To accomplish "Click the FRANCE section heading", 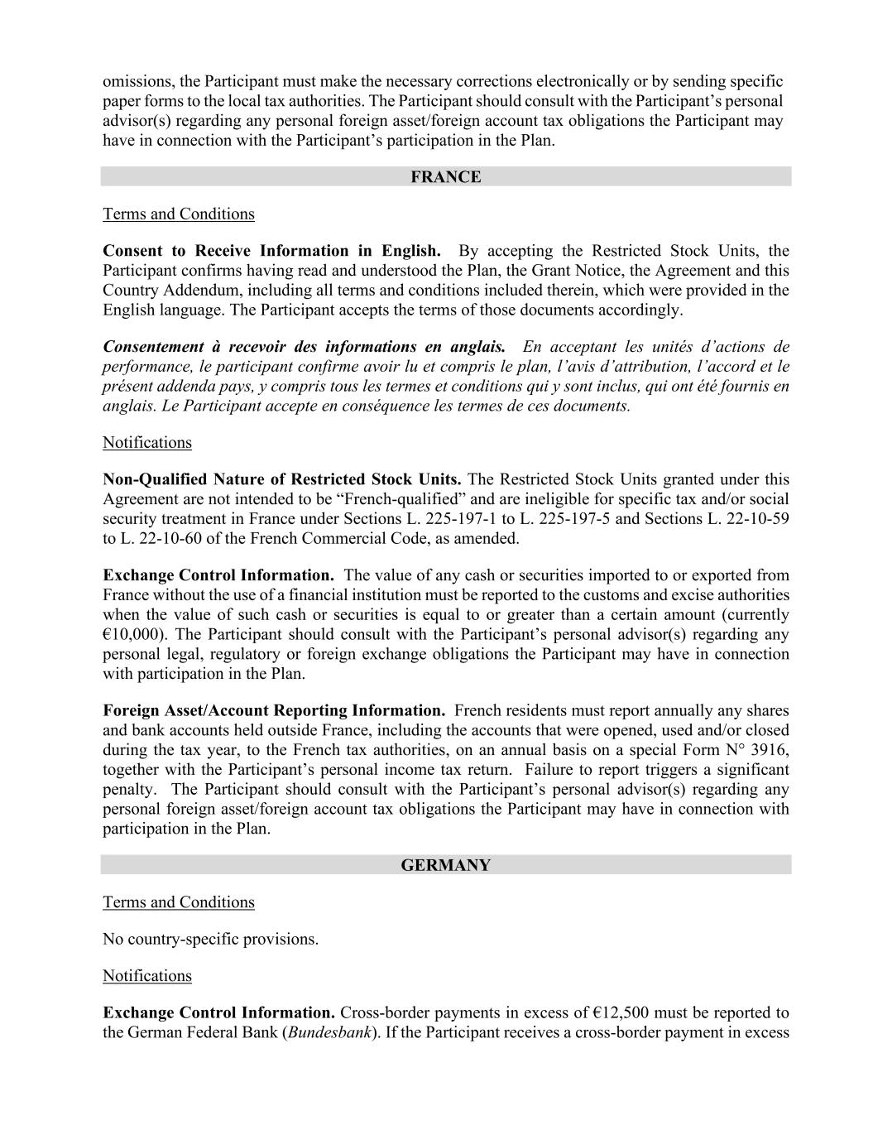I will click(445, 177).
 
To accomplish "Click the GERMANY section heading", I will click(445, 865).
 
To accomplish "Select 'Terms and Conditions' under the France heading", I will click(179, 214).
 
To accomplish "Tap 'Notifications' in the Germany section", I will click(147, 976).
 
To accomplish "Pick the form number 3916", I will click(770, 750).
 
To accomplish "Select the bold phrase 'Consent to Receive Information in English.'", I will click(271, 251).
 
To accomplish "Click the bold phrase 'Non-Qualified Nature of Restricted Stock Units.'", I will click(281, 479).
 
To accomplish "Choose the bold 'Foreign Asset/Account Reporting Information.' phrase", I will click(274, 710).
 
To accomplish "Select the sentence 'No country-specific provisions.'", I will click(210, 940).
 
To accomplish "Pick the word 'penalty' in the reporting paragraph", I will click(128, 790).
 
